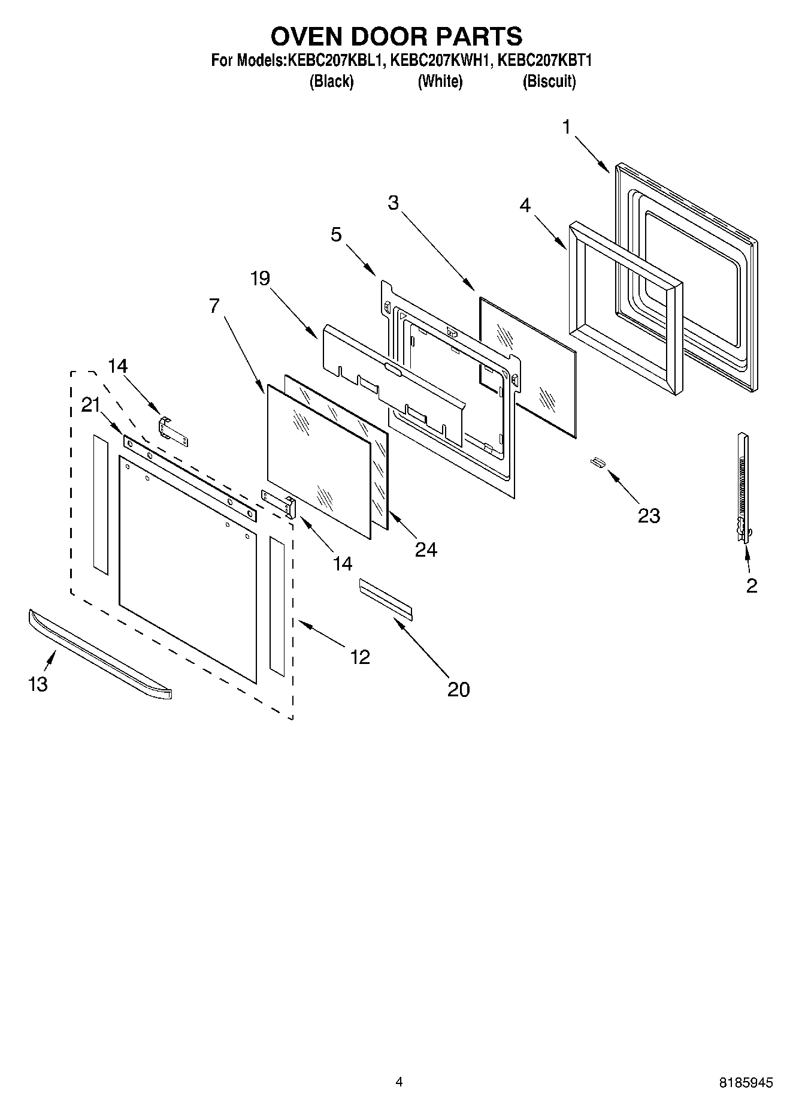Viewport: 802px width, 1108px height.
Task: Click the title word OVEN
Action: tap(306, 37)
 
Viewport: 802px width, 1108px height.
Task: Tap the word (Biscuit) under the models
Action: tap(549, 81)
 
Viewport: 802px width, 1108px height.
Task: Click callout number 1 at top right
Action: tap(567, 127)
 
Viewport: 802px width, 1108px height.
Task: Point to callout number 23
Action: tap(649, 515)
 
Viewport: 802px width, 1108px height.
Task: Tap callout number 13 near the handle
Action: tap(38, 684)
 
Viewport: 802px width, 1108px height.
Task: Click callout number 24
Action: tap(426, 550)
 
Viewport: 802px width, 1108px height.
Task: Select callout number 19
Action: tap(261, 279)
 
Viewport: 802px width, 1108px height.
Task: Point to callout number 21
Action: tap(90, 406)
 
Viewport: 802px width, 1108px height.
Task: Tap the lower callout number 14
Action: tap(343, 563)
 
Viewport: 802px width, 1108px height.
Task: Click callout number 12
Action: tap(359, 657)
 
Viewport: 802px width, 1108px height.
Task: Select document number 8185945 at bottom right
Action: tap(746, 1083)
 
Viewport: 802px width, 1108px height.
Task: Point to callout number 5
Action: tap(336, 234)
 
